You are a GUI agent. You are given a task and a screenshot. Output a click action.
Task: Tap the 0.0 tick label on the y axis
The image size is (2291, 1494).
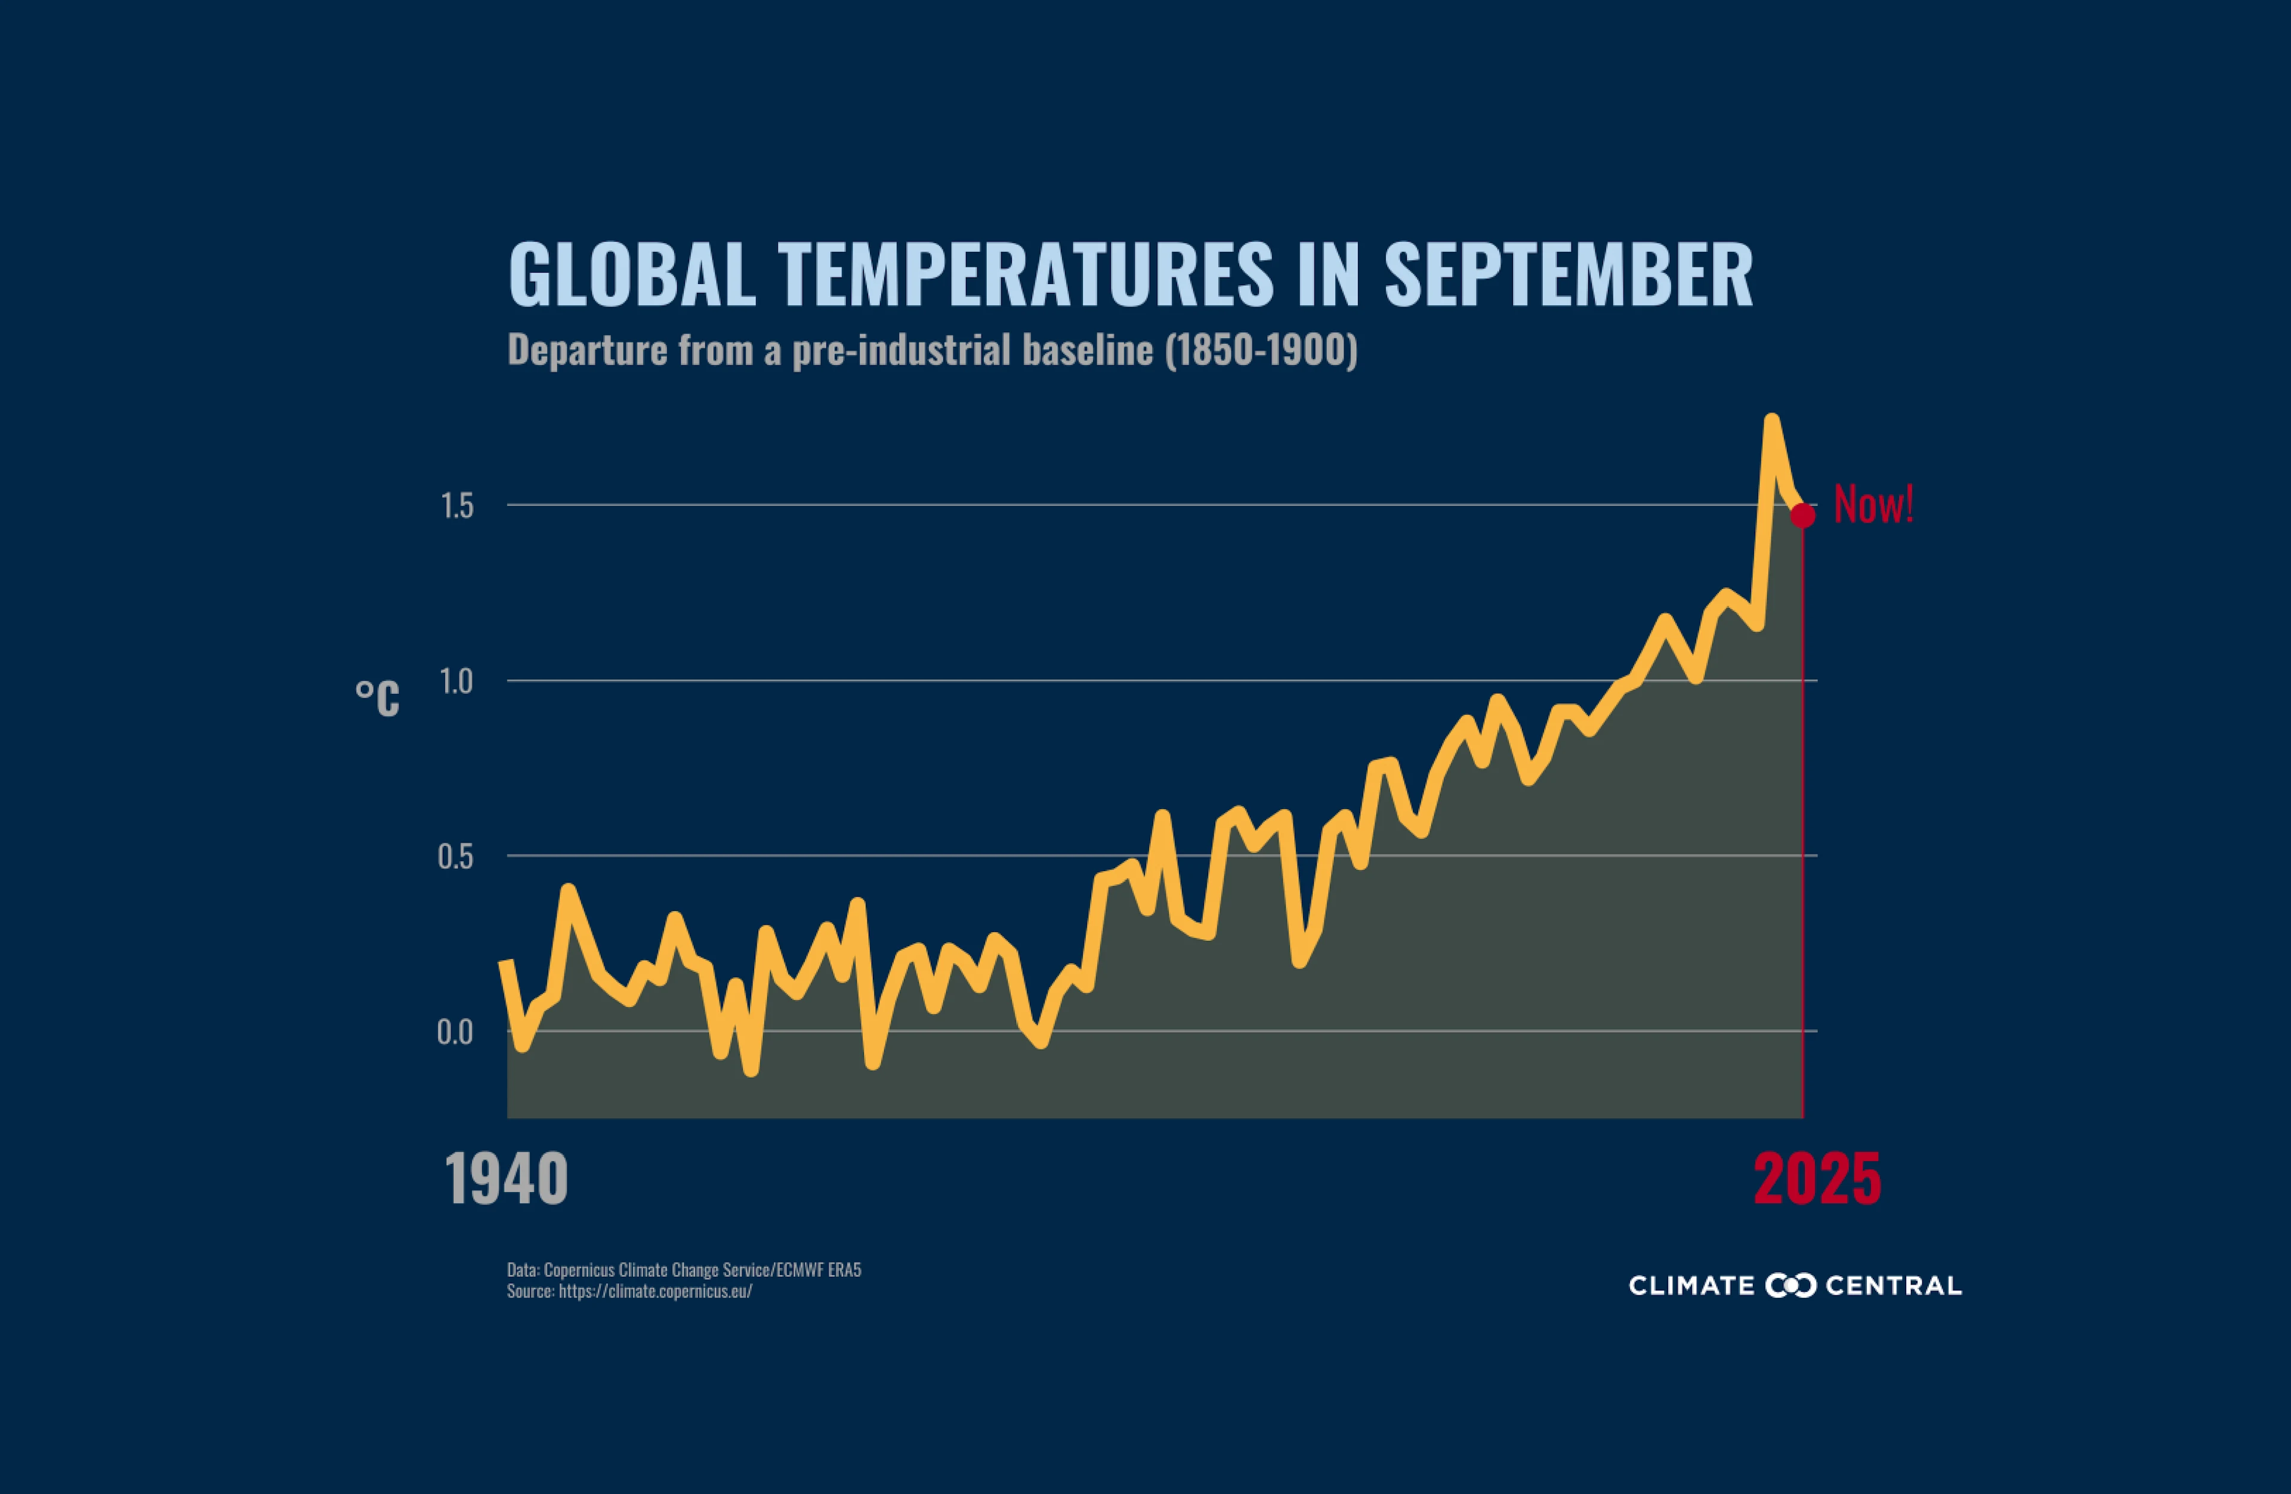[455, 1033]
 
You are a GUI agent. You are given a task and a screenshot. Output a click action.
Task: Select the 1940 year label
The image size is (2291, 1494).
[507, 1180]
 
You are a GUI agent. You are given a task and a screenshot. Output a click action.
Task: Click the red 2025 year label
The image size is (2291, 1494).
[1817, 1180]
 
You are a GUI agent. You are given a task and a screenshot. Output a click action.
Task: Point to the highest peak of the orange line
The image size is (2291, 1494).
[1771, 421]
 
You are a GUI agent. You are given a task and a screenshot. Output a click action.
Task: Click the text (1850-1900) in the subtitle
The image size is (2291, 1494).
[1261, 350]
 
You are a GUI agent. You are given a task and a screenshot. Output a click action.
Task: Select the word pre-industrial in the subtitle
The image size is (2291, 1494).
[901, 350]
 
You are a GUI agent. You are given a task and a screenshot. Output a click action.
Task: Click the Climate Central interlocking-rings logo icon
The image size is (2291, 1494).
[1790, 1285]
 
